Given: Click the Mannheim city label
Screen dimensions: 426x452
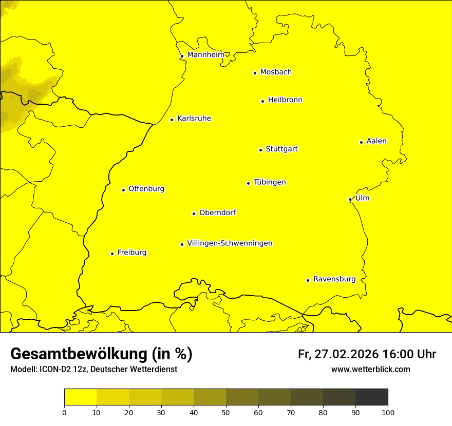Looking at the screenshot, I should click(205, 55).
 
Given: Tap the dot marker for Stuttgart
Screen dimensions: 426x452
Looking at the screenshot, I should click(260, 150).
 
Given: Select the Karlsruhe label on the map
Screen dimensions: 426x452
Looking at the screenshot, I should click(194, 119).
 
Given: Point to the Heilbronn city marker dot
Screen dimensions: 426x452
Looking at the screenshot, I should click(262, 101).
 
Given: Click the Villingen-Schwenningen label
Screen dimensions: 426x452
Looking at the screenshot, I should click(230, 243).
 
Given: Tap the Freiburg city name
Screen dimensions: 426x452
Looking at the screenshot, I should click(131, 253).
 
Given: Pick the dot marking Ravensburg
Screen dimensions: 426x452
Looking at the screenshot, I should click(308, 280).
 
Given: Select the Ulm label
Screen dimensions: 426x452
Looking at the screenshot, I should click(362, 198).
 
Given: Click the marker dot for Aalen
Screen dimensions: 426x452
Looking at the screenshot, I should click(361, 142).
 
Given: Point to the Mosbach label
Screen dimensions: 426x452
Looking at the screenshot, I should click(276, 72).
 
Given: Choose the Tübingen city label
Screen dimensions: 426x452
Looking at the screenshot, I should click(270, 182).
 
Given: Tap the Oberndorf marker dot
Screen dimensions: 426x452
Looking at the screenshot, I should click(194, 214).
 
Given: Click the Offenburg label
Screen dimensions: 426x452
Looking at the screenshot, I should click(146, 189).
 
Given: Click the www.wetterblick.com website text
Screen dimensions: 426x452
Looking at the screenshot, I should click(370, 369).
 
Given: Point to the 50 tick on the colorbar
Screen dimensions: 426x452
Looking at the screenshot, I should click(226, 412).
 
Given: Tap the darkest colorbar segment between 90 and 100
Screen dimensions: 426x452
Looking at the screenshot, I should click(371, 397).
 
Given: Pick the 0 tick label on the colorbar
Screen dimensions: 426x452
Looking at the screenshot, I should click(64, 412).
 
